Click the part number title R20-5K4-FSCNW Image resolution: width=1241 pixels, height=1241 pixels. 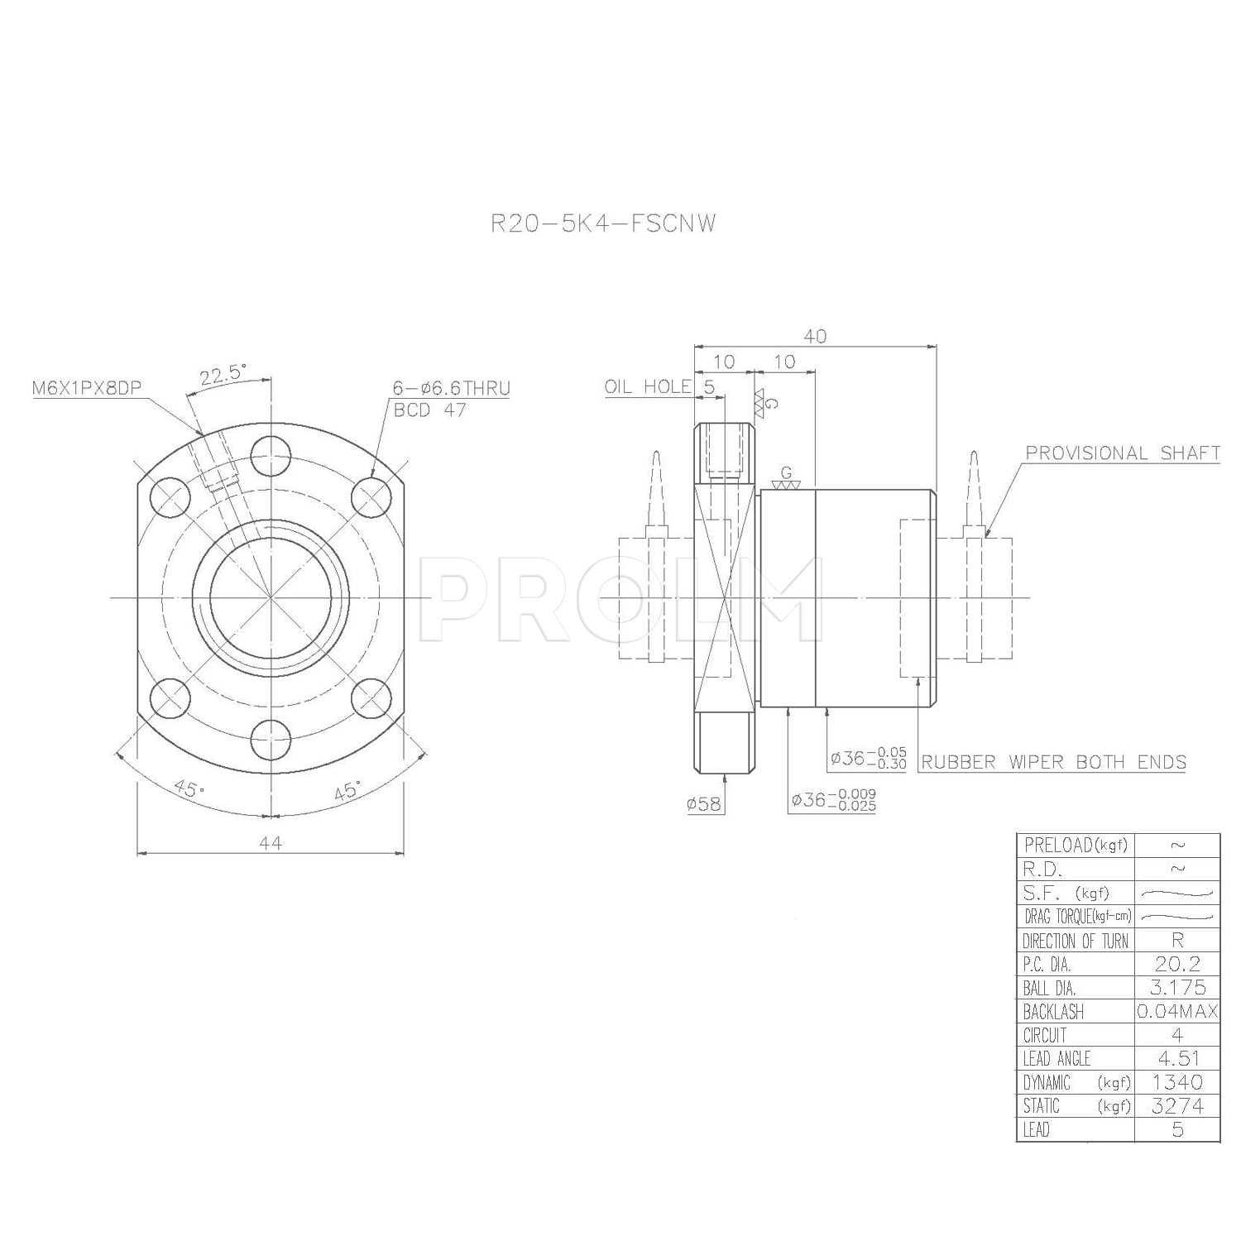tap(603, 223)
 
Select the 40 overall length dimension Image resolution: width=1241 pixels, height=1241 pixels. tap(815, 336)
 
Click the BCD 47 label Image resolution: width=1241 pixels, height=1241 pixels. tap(430, 410)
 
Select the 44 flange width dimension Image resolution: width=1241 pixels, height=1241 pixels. tap(271, 842)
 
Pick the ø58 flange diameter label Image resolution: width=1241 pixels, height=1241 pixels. tap(704, 804)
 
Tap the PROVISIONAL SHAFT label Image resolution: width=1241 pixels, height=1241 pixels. tap(1123, 453)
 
